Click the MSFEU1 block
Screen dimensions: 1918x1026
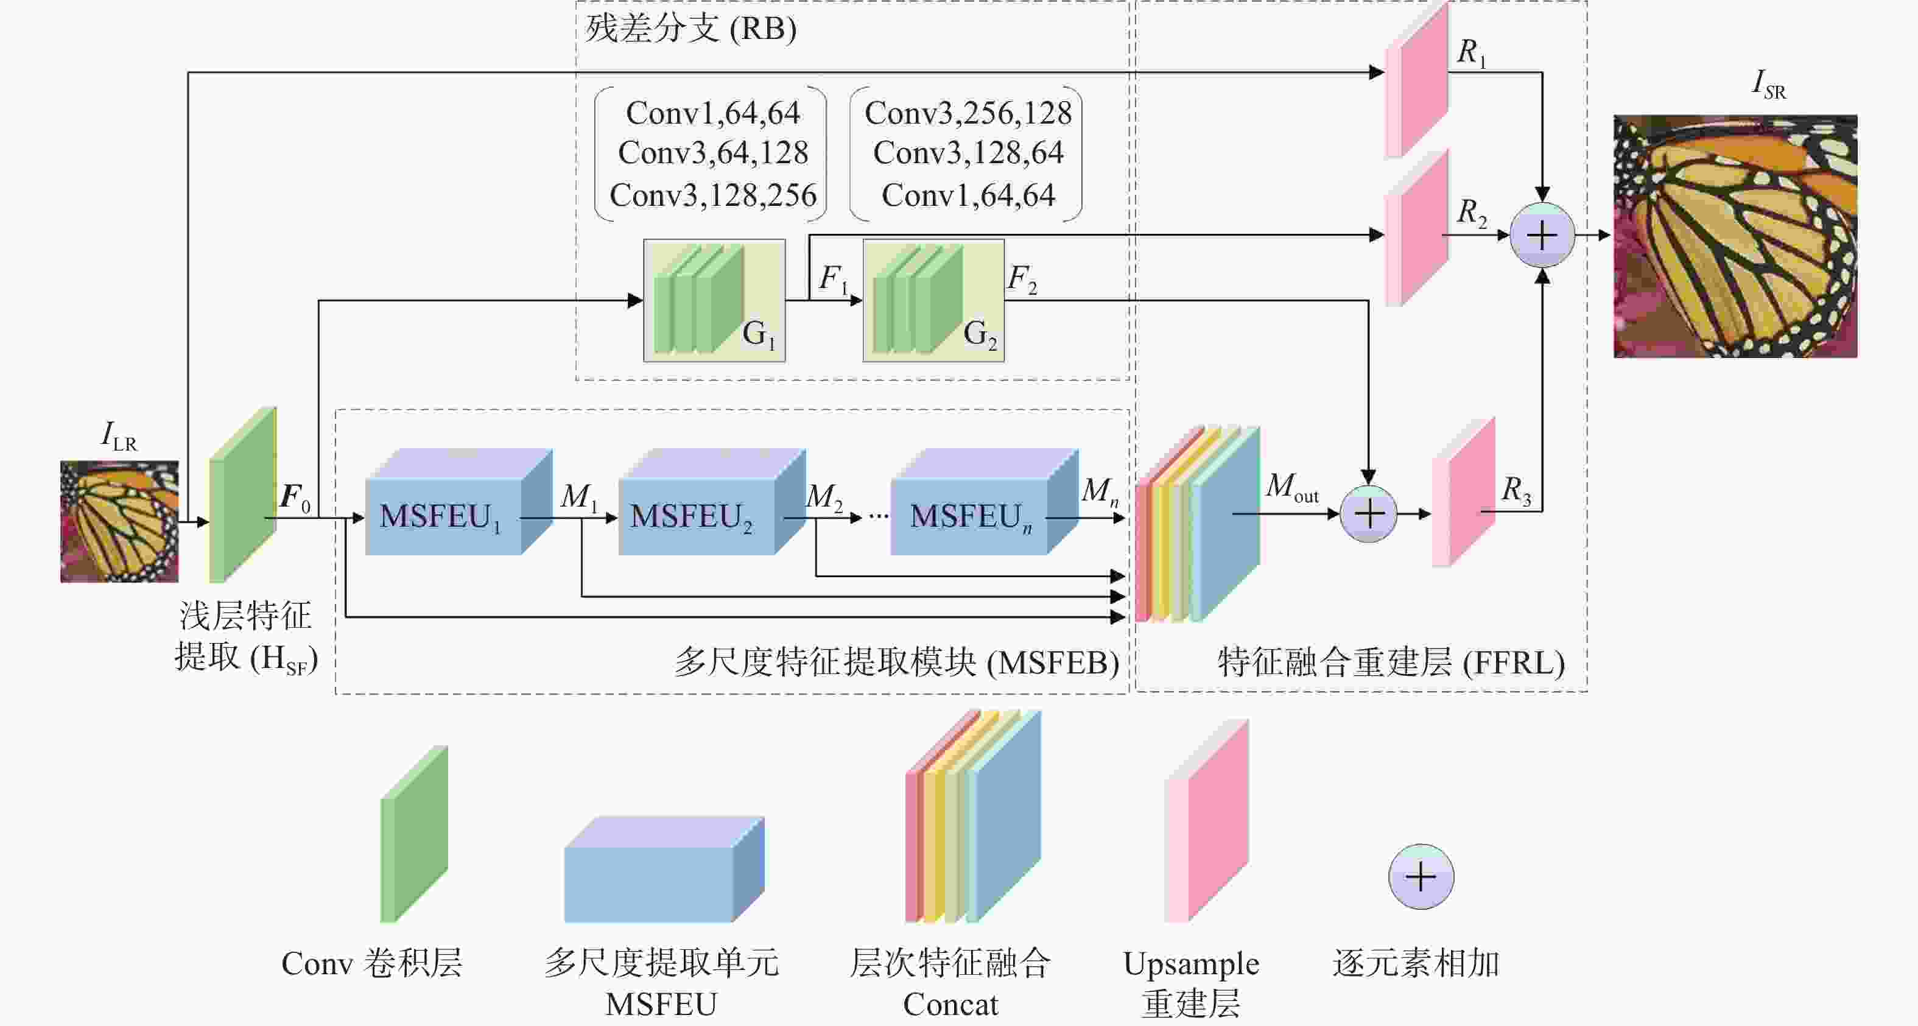pos(458,501)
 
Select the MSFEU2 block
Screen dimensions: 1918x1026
pos(712,501)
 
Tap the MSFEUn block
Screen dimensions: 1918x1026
pos(985,501)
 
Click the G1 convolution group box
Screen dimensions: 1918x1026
pos(714,300)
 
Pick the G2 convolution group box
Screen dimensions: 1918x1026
pos(933,300)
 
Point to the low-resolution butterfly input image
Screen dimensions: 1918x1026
pos(119,521)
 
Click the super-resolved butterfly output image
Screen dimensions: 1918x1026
pos(1735,236)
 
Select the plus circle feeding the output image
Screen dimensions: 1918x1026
pos(1542,235)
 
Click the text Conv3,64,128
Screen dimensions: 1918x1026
pos(712,153)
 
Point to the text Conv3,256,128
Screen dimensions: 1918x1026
pos(968,113)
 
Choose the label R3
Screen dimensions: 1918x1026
pos(1517,491)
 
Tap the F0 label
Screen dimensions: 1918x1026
pos(295,497)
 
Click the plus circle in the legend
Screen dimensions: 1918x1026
pos(1421,876)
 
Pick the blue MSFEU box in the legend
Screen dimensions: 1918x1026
pos(664,870)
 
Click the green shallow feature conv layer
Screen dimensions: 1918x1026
pos(243,494)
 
